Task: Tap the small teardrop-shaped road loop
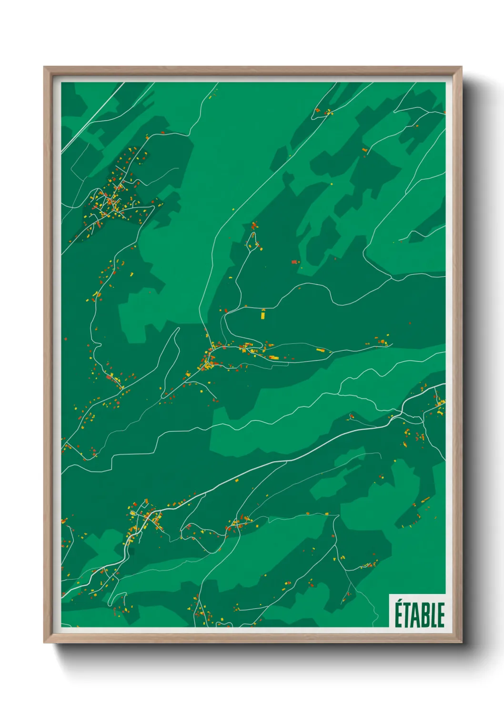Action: coord(252,240)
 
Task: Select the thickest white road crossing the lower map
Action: coord(286,461)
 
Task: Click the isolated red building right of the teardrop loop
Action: coord(294,262)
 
